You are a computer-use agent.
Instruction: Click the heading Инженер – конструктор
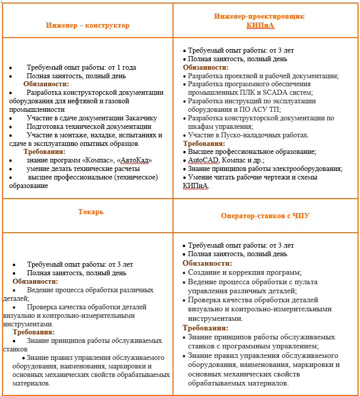[88, 26]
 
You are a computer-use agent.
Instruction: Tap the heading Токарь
[91, 212]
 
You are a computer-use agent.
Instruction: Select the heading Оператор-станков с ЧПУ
[265, 216]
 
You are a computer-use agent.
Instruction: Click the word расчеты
[122, 168]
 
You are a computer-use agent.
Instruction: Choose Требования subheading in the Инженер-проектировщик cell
[204, 143]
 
